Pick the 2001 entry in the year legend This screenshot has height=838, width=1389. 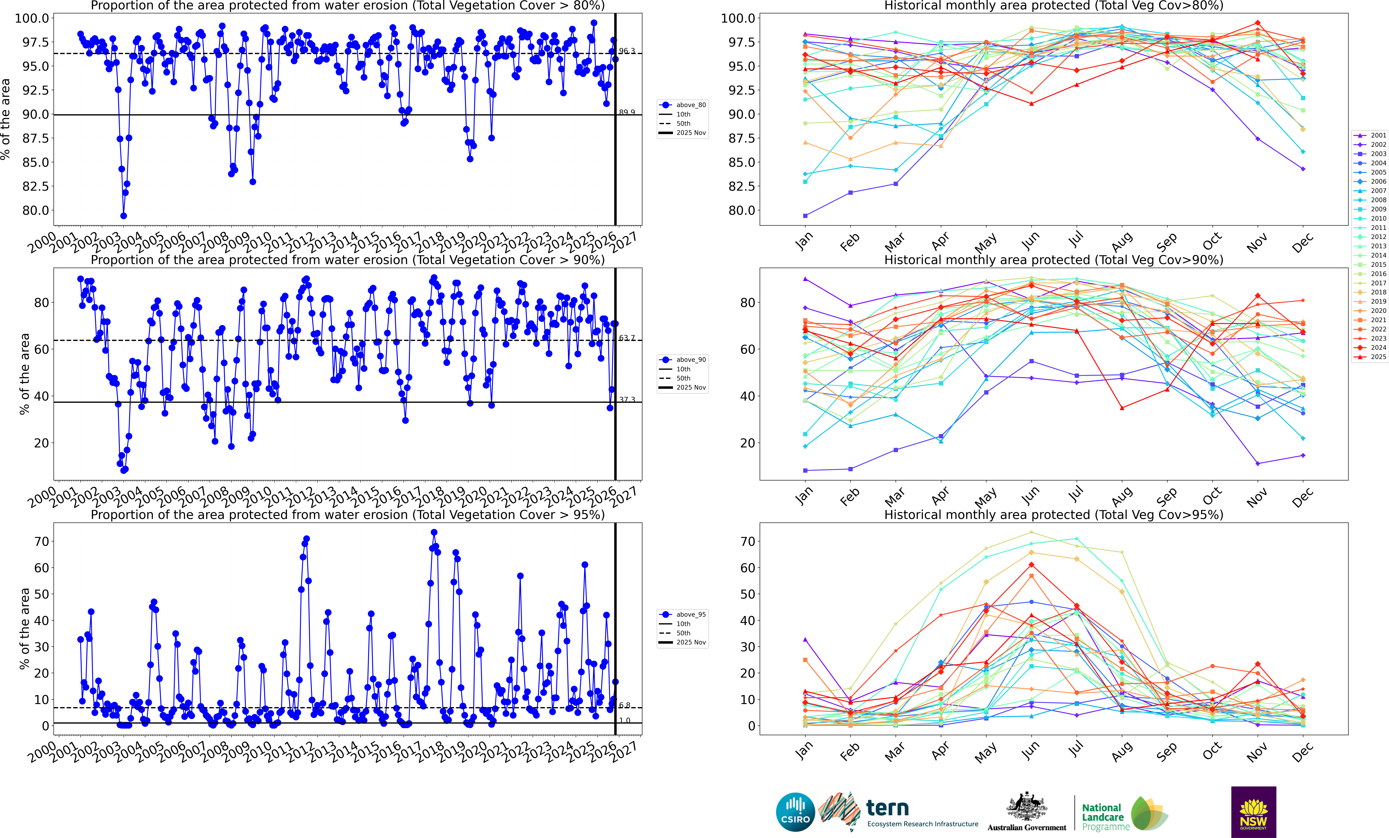1374,135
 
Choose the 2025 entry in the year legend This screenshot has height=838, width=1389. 1374,357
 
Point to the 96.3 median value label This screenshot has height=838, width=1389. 627,51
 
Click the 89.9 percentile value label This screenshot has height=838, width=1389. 627,112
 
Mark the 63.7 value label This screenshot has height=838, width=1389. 627,338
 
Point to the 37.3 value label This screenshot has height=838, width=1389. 627,400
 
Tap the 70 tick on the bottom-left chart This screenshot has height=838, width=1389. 42,541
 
